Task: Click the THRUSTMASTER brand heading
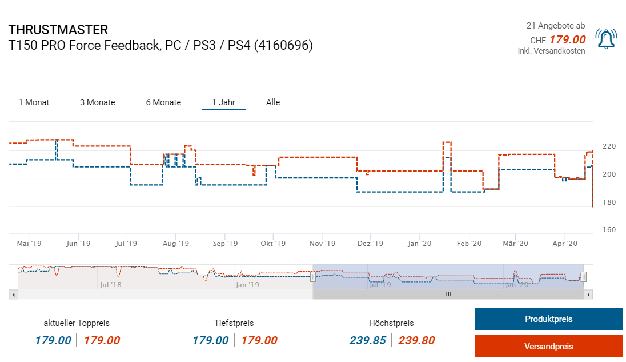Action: [58, 30]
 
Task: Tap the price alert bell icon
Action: [605, 39]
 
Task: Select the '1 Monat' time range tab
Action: [34, 102]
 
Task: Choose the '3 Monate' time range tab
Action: [97, 102]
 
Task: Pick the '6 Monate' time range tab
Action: [163, 102]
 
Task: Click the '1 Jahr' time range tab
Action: [223, 102]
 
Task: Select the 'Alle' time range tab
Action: [273, 102]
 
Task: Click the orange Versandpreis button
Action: [548, 346]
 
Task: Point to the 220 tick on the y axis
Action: [609, 146]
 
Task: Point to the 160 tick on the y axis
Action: [609, 230]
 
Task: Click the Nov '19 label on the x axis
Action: [323, 244]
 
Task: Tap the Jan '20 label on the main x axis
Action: [420, 244]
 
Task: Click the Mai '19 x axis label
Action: [29, 244]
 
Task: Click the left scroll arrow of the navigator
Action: [14, 295]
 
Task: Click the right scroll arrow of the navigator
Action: [589, 295]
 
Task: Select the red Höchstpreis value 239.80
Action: [416, 341]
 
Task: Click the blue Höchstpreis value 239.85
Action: [368, 341]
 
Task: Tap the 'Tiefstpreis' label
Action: [234, 323]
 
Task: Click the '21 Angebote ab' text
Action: [555, 26]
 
